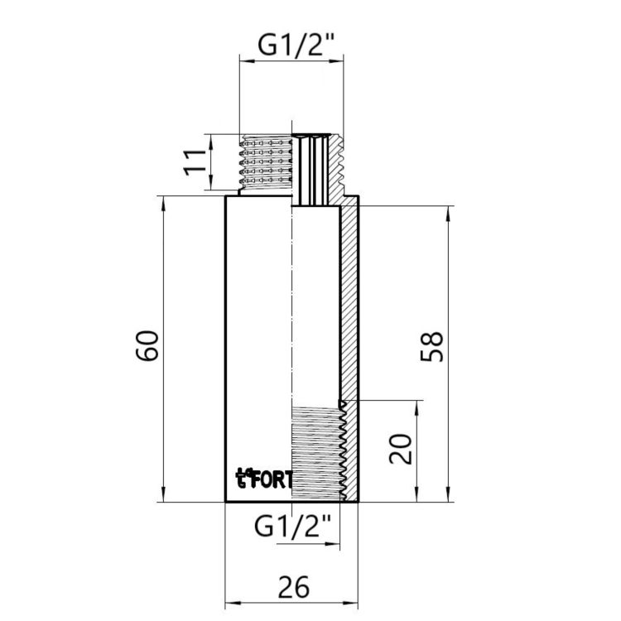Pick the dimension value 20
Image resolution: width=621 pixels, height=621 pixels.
coord(400,451)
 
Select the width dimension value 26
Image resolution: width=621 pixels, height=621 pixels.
coord(291,587)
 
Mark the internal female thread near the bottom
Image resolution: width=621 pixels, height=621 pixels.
coord(319,452)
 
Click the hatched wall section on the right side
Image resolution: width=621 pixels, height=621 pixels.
coord(350,315)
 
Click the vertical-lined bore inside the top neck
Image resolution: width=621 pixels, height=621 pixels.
coord(312,170)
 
